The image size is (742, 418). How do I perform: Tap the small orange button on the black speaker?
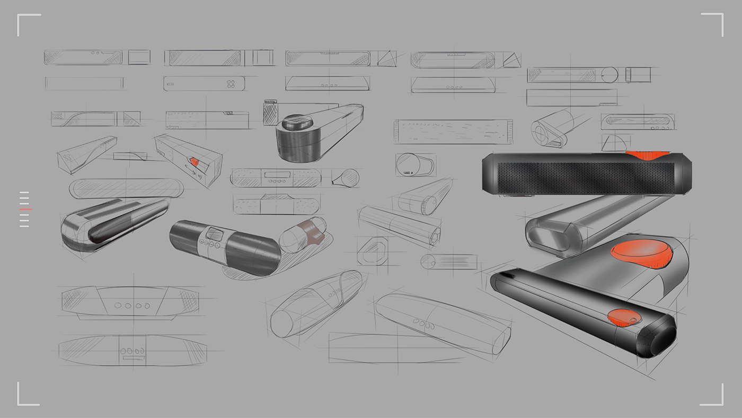pyautogui.click(x=623, y=317)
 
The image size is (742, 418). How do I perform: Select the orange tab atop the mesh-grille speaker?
pyautogui.click(x=646, y=155)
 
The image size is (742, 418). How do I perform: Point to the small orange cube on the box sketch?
pyautogui.click(x=195, y=162)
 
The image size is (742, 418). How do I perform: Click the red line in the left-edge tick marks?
pyautogui.click(x=25, y=210)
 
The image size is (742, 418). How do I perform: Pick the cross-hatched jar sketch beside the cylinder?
pyautogui.click(x=270, y=112)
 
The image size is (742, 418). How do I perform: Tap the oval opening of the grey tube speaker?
pyautogui.click(x=549, y=237)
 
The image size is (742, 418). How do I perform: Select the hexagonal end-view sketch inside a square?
pyautogui.click(x=373, y=251)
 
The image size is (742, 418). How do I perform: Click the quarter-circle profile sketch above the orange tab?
pyautogui.click(x=615, y=142)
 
